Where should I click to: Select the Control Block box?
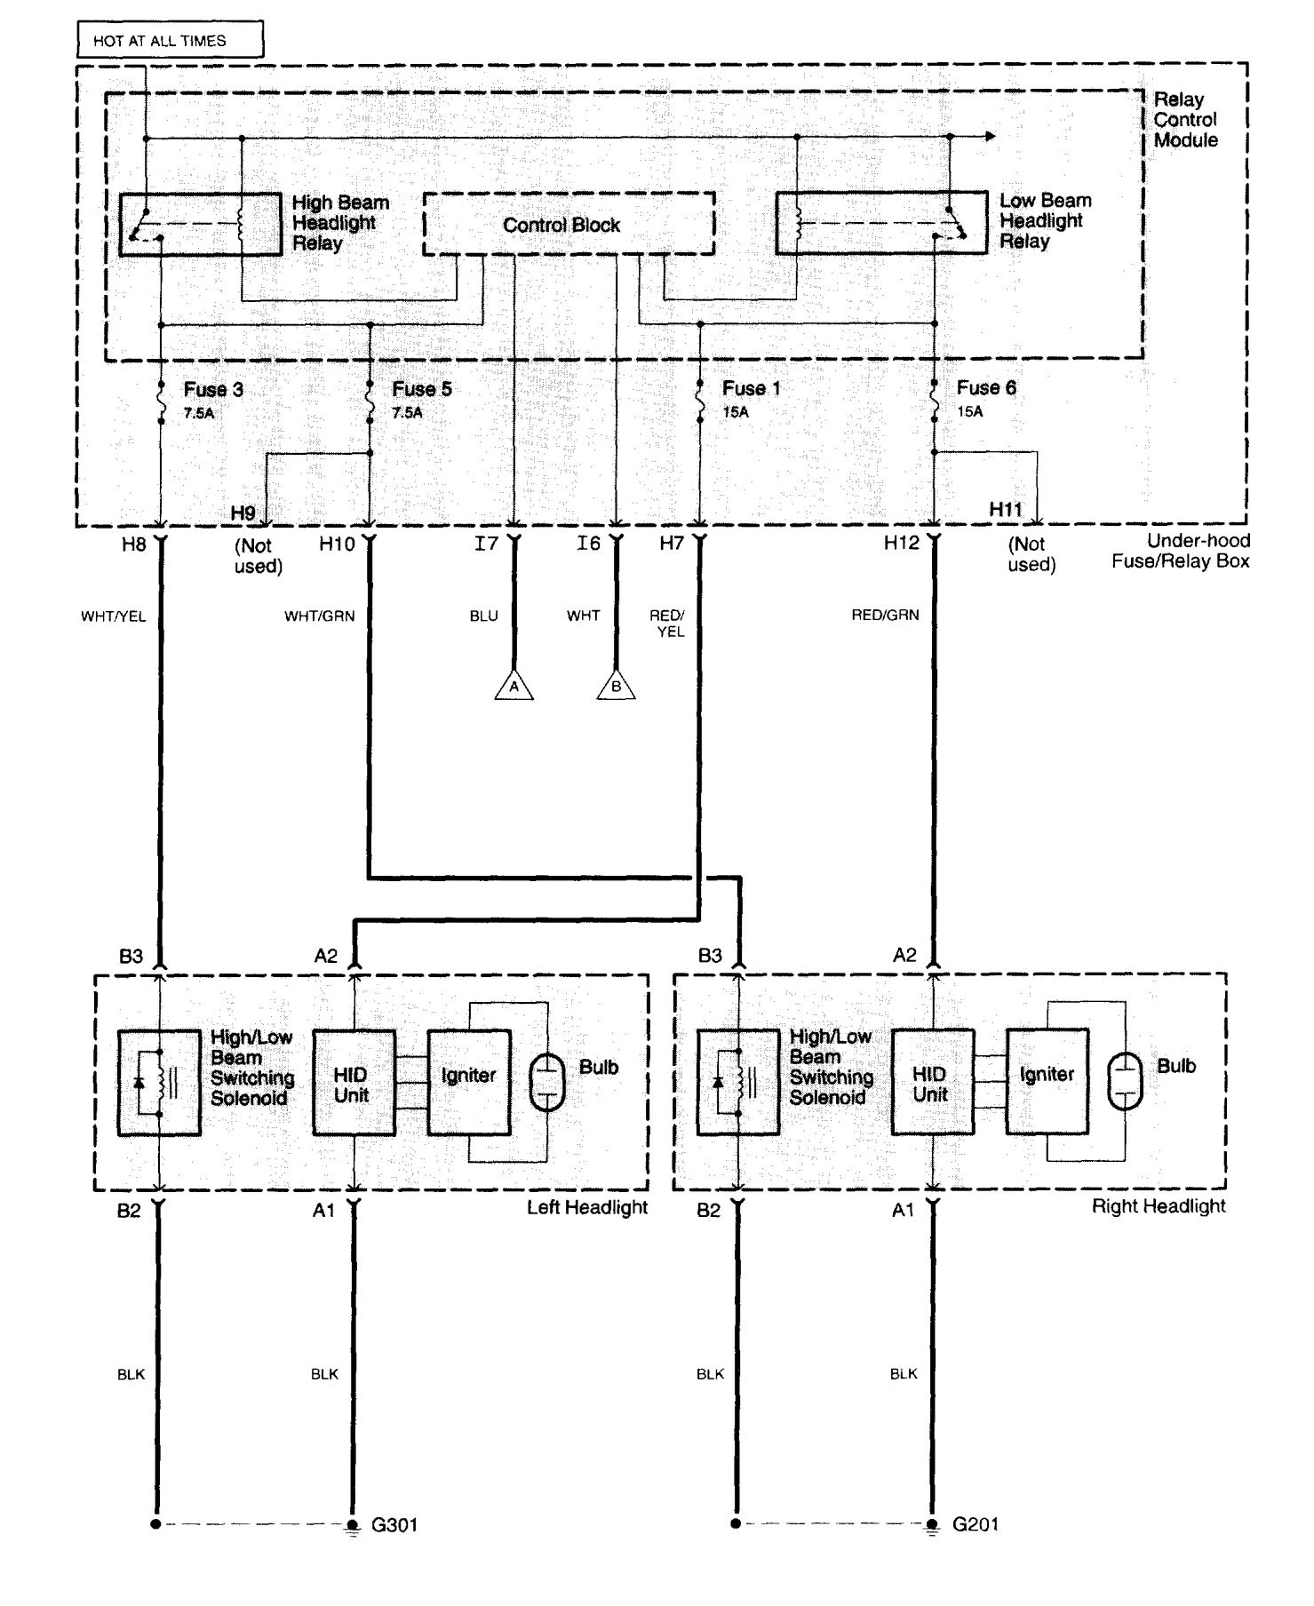tap(569, 224)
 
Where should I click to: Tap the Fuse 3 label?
tap(213, 389)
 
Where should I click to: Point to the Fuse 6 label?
tap(986, 388)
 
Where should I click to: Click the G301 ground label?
tap(394, 1525)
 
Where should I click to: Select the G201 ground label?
tap(976, 1524)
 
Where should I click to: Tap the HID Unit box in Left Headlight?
tap(354, 1083)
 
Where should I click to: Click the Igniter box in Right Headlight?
tap(1047, 1081)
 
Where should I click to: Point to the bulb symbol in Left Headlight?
tap(547, 1083)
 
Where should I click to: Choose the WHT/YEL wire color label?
tap(114, 616)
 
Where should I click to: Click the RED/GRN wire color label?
tap(885, 615)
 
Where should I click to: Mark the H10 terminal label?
tap(337, 544)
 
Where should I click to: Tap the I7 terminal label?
tap(486, 544)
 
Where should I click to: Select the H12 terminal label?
tap(901, 543)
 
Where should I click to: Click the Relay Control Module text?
tap(1185, 120)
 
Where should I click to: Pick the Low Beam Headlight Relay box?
tap(881, 222)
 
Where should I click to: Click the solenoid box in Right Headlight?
tap(738, 1082)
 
